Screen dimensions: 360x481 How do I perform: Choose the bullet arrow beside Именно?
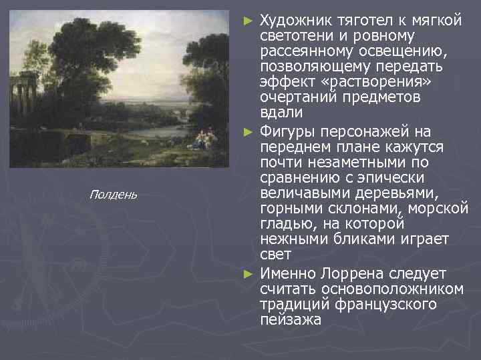249,274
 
